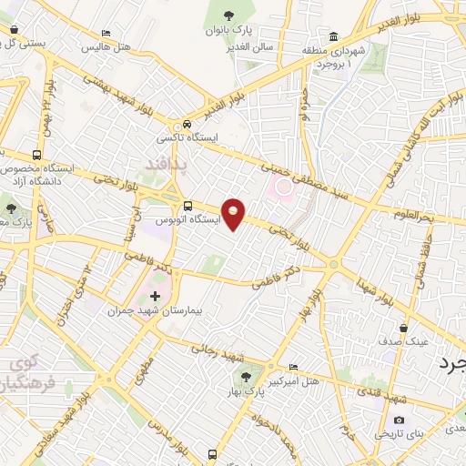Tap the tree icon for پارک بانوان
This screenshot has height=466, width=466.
point(229,15)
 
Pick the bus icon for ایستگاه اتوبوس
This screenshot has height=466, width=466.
point(187,206)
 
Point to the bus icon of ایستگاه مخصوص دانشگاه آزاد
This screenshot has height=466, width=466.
point(37,155)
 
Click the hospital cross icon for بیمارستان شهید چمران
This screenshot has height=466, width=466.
point(155,296)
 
